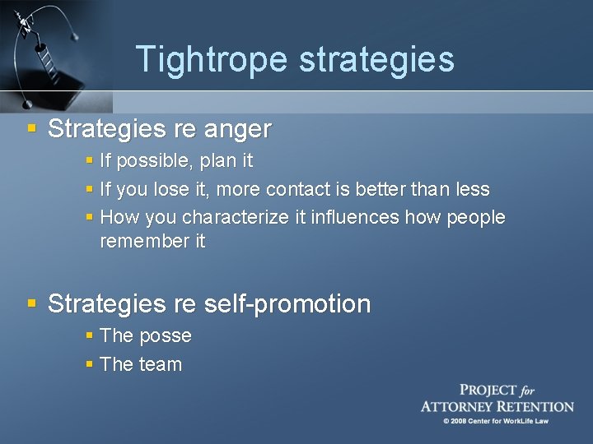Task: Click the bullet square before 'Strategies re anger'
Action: pyautogui.click(x=32, y=129)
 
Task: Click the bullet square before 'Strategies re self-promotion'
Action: pyautogui.click(x=32, y=303)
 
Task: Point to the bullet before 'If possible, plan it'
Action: pyautogui.click(x=90, y=160)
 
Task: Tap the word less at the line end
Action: pyautogui.click(x=472, y=189)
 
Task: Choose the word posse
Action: pyautogui.click(x=165, y=336)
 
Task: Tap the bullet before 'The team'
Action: pyautogui.click(x=90, y=364)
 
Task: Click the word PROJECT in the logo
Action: pyautogui.click(x=488, y=391)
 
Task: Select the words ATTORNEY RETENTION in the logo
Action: pyautogui.click(x=497, y=406)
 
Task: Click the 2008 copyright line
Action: pyautogui.click(x=496, y=421)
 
